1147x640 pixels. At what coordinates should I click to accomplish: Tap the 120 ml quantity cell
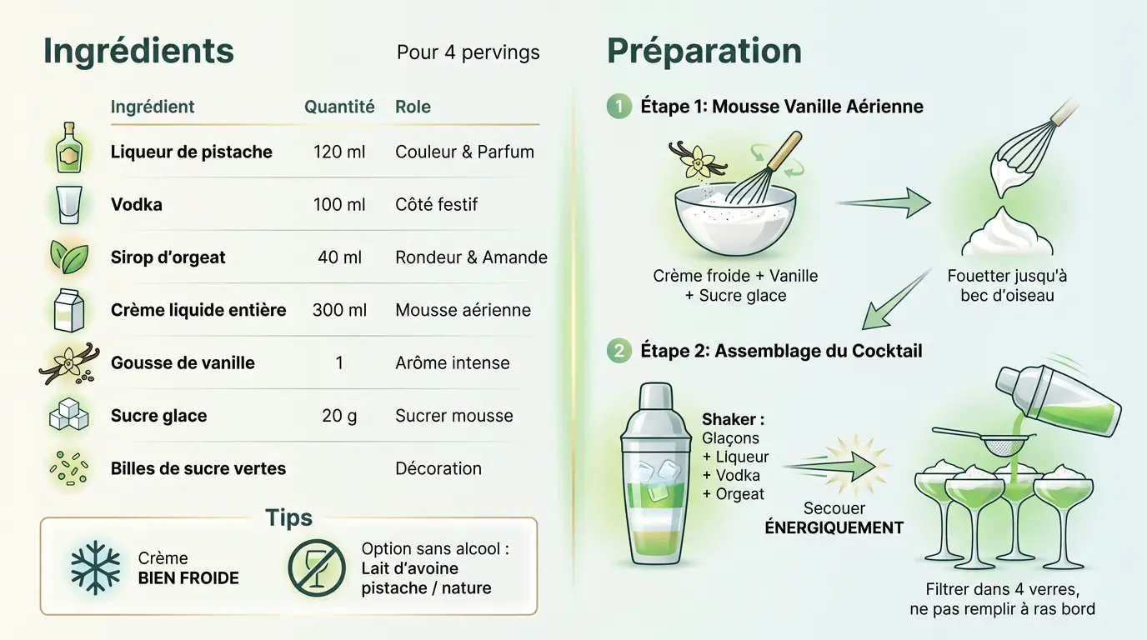[x=339, y=152]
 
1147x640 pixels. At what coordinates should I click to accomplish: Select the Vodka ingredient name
[x=137, y=204]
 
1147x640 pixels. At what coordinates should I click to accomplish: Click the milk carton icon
[x=68, y=310]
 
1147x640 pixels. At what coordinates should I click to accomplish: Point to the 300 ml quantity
[x=339, y=310]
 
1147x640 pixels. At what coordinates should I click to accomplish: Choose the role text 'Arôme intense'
[x=452, y=363]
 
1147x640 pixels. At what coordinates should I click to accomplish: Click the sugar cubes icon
[x=68, y=415]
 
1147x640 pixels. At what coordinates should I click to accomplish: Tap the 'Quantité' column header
[x=339, y=107]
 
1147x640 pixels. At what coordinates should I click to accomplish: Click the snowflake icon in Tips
[x=95, y=567]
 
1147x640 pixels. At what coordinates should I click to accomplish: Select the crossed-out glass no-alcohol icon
[x=316, y=567]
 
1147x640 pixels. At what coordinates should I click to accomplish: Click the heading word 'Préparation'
[x=704, y=52]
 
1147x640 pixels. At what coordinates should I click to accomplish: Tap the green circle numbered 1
[x=619, y=107]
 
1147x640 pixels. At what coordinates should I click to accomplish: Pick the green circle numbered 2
[x=619, y=351]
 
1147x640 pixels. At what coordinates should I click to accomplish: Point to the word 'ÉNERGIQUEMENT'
[x=834, y=527]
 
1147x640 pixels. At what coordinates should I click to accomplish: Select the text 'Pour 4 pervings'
[x=468, y=52]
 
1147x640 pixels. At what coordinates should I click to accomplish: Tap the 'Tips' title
[x=288, y=517]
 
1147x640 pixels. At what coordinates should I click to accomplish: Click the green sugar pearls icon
[x=68, y=467]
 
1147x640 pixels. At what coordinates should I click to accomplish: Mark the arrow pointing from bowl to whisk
[x=884, y=202]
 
